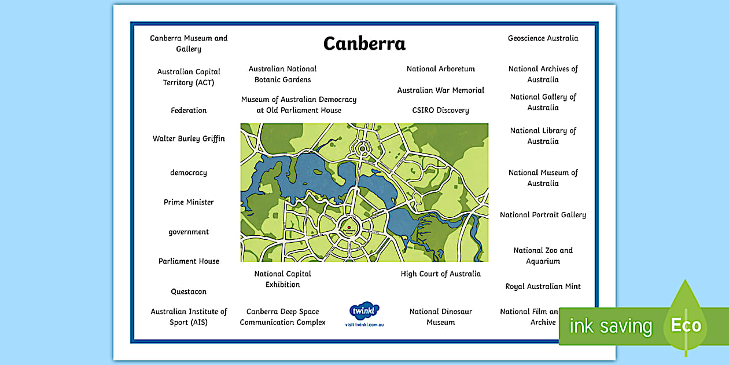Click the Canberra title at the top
[x=365, y=43]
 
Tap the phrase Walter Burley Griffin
[x=189, y=138]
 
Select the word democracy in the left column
[x=189, y=173]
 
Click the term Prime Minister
[x=189, y=202]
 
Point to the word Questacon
[x=189, y=291]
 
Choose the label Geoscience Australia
[x=543, y=38]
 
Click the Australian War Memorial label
[x=441, y=90]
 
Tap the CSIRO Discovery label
[x=441, y=110]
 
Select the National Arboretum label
[x=441, y=69]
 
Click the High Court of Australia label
[x=441, y=274]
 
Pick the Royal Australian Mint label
[x=543, y=286]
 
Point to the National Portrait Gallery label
[x=543, y=215]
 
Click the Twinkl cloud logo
[x=365, y=310]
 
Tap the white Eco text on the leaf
[x=686, y=325]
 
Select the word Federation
[x=189, y=110]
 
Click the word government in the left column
[x=189, y=232]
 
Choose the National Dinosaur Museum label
[x=441, y=317]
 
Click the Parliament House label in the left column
[x=189, y=261]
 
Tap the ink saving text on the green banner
[x=610, y=326]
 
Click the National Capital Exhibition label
[x=283, y=279]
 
